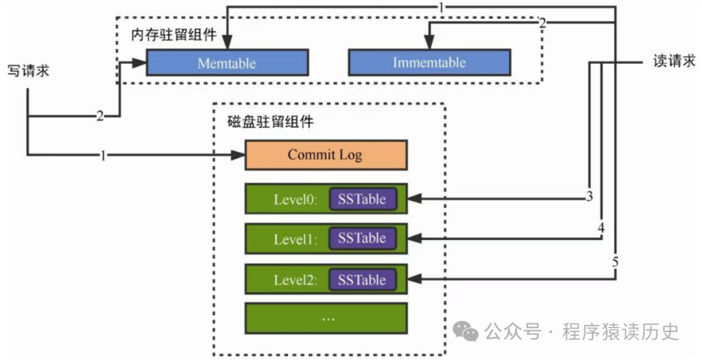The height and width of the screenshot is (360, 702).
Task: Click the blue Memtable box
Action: coord(227,64)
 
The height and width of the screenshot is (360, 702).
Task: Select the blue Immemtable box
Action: coord(429,63)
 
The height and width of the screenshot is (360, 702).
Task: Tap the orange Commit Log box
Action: coord(325,155)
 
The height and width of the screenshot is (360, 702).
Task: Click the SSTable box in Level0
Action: coord(361,199)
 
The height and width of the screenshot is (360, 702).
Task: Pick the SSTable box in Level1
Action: coord(361,238)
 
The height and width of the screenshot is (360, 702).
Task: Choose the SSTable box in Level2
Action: coord(361,280)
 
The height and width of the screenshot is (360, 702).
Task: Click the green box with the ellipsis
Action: coord(326,318)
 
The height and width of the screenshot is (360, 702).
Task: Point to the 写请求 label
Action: coord(28,70)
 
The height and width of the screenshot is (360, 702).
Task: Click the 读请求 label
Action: coord(674,61)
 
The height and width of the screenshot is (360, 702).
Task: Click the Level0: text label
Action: coord(295,199)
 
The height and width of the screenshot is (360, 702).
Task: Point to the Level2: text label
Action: coord(295,281)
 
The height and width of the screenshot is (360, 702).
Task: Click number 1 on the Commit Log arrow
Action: coord(103,155)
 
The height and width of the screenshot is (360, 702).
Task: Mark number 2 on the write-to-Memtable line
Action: coord(100,117)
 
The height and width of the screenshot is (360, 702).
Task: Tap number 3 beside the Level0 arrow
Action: coord(589,197)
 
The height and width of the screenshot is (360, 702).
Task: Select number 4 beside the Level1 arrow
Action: coord(601,229)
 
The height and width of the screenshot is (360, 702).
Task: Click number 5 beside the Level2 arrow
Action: coord(614,263)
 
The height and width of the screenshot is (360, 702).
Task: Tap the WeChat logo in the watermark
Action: coord(467,332)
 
